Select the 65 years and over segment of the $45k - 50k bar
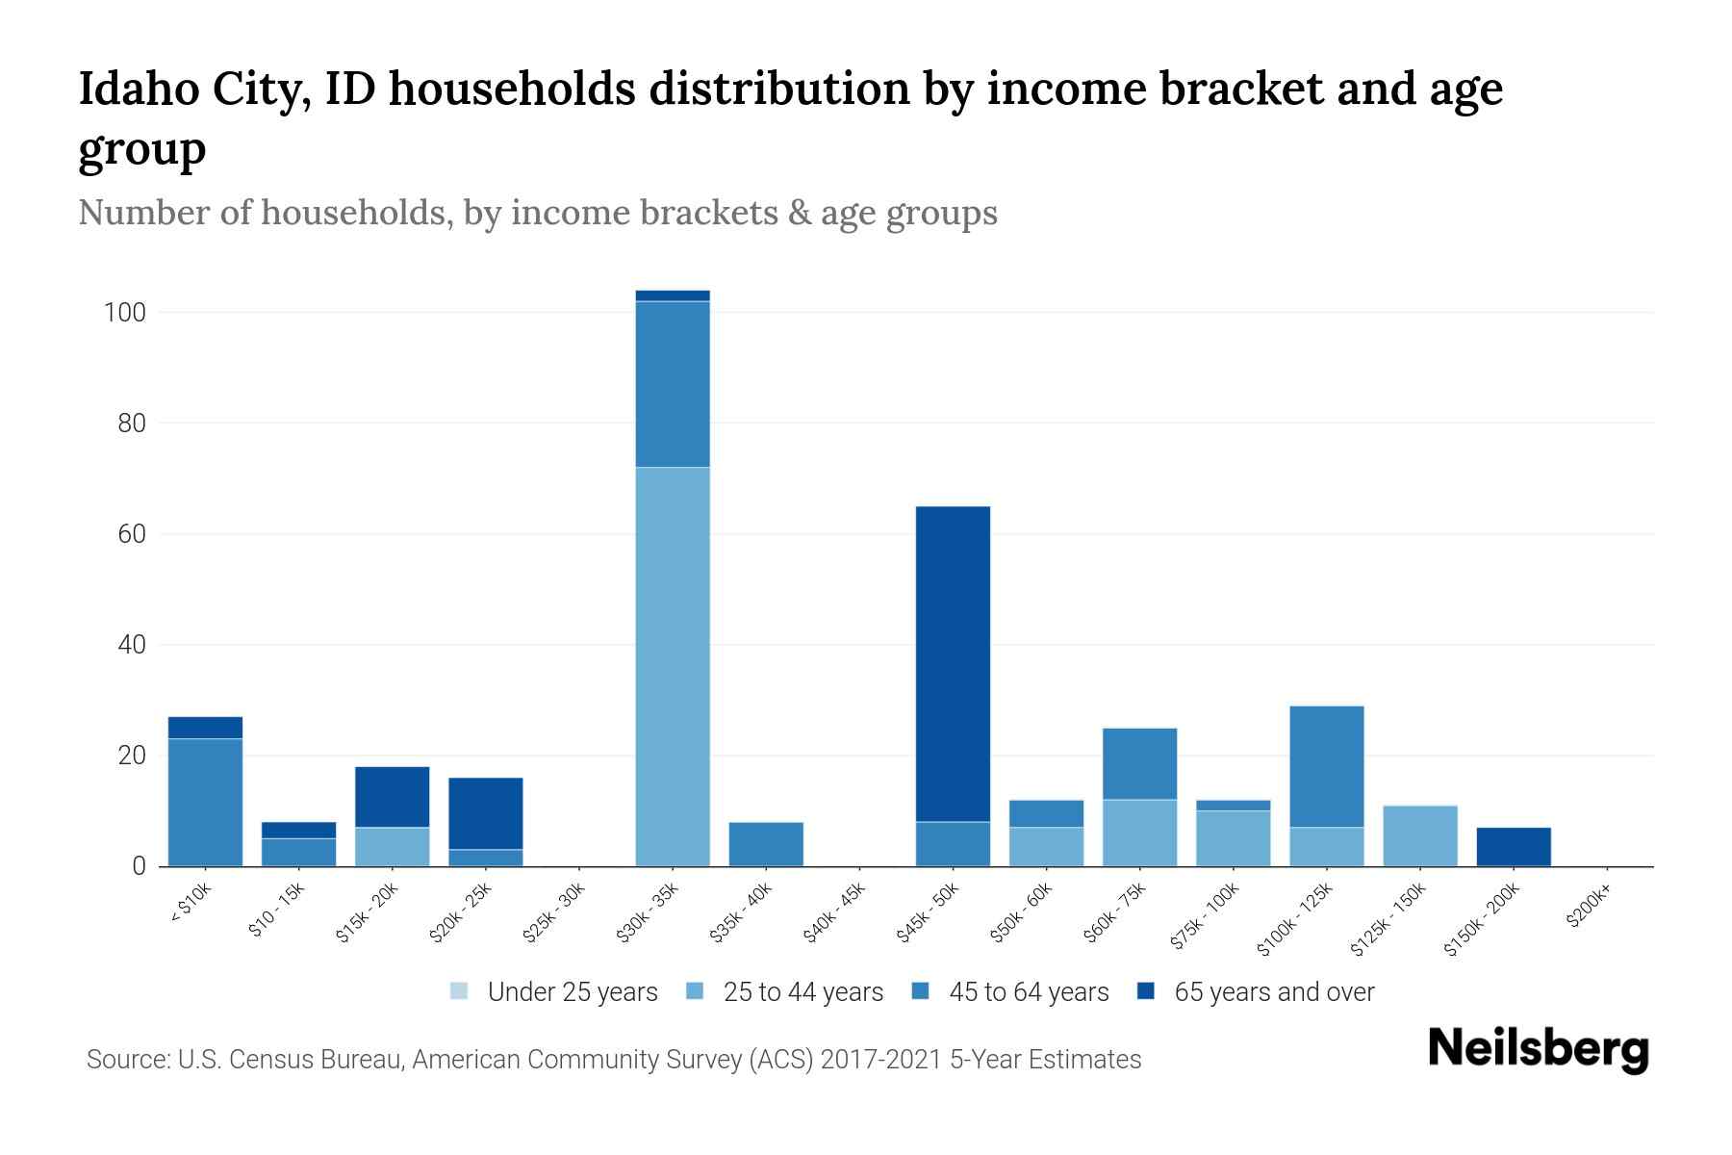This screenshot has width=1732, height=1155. point(953,664)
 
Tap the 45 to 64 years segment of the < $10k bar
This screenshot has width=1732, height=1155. point(205,802)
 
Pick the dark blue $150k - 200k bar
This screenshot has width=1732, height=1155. point(1514,846)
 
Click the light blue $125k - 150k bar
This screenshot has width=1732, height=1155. point(1420,835)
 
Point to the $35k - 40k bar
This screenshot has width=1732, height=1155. point(766,844)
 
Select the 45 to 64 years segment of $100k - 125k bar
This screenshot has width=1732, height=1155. point(1327,766)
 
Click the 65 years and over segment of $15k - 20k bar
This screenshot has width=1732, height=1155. point(392,797)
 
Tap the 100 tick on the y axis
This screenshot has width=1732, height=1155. point(125,313)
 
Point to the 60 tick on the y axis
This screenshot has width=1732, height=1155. point(133,534)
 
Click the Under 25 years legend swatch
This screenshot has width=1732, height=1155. point(459,991)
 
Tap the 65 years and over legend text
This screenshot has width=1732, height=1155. point(1274,992)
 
